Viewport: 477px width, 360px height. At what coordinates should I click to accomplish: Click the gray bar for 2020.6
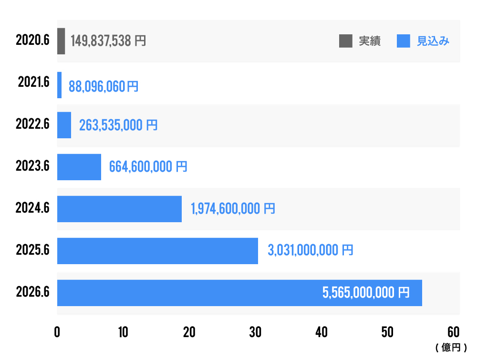61,41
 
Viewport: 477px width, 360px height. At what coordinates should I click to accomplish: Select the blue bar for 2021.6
59,85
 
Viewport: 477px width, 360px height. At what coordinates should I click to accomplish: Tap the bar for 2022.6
64,125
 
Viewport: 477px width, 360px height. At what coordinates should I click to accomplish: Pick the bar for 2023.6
79,167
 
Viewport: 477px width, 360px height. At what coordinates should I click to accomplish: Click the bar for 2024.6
119,209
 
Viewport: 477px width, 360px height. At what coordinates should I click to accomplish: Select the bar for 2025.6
157,251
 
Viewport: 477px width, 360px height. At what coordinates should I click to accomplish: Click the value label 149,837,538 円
108,41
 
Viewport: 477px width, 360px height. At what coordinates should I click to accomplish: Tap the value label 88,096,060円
104,86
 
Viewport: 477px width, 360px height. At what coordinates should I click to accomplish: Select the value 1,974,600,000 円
233,209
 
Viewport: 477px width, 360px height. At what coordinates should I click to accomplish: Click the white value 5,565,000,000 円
366,293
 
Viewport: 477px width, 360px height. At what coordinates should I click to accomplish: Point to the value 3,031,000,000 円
311,250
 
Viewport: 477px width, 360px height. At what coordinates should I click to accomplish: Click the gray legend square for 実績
345,41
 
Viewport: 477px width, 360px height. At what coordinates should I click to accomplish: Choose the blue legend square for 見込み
404,41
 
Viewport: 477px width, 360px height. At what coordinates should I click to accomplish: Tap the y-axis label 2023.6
32,167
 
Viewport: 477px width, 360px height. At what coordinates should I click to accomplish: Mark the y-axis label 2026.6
32,293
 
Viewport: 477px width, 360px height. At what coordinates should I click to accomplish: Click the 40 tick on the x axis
321,332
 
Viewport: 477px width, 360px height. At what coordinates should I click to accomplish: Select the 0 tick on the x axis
57,332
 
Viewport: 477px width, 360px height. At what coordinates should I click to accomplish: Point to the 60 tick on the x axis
454,332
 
